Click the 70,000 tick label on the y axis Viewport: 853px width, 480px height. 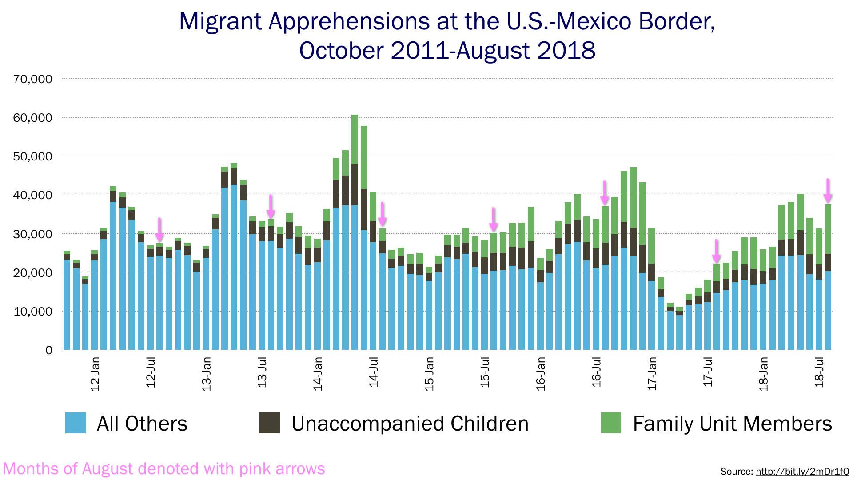(x=33, y=79)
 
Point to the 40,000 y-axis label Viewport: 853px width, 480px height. (x=33, y=195)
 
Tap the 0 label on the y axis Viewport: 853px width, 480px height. (x=48, y=350)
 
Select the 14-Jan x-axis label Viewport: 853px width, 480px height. (x=318, y=374)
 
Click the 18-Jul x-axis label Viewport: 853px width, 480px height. (x=819, y=372)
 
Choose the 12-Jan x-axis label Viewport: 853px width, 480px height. (x=95, y=374)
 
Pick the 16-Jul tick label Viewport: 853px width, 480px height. (x=596, y=372)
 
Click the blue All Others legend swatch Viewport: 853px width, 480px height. (x=76, y=423)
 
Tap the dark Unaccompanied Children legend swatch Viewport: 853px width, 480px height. (x=270, y=423)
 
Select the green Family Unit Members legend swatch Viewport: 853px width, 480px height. (x=610, y=423)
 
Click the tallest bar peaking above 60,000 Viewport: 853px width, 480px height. (x=355, y=231)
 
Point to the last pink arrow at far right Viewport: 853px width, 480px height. (x=828, y=190)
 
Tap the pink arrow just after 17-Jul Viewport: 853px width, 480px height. (x=716, y=251)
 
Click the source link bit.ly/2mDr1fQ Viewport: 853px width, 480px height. (x=802, y=472)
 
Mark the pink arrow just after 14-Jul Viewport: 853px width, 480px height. (x=382, y=214)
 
